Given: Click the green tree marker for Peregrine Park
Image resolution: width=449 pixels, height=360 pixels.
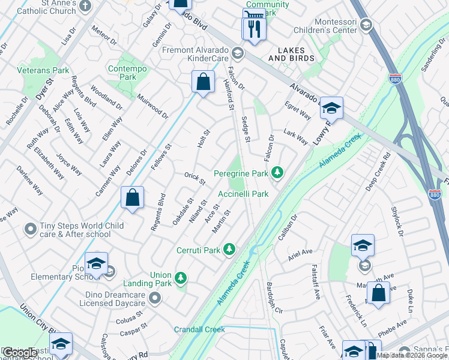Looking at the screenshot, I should pyautogui.click(x=277, y=173).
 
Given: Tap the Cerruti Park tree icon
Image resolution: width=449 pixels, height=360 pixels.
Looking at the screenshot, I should pyautogui.click(x=229, y=249).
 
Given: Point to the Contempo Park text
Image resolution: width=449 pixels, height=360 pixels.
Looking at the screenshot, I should pyautogui.click(x=127, y=73).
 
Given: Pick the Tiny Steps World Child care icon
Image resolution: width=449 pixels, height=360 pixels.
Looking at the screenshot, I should pyautogui.click(x=31, y=229).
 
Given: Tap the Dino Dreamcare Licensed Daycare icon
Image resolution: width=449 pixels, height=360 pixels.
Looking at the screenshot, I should pyautogui.click(x=155, y=298).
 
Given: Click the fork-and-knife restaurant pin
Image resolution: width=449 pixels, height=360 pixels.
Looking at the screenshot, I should pyautogui.click(x=254, y=28).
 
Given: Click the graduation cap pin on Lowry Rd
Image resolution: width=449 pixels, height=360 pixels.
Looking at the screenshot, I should pyautogui.click(x=331, y=108).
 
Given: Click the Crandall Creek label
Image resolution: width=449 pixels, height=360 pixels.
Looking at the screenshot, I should pyautogui.click(x=199, y=329).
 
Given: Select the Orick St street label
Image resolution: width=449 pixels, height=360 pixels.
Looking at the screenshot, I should pyautogui.click(x=194, y=178).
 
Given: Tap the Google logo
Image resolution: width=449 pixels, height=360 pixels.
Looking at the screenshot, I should pyautogui.click(x=19, y=353).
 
